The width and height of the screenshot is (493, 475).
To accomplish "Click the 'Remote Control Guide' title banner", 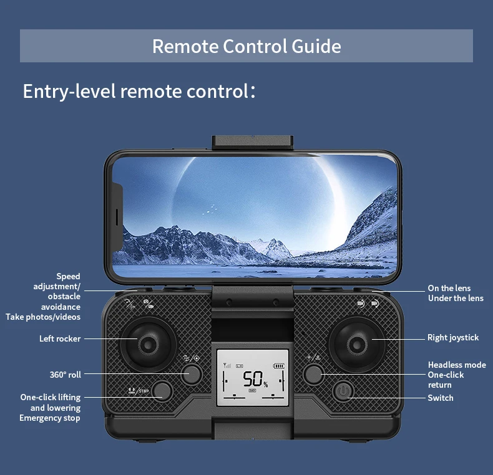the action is click(246, 46).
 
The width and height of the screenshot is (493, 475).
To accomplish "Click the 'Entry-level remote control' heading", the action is click(139, 91).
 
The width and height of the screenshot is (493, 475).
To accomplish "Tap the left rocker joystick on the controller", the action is click(147, 343).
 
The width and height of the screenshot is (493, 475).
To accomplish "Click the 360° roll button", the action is click(192, 374).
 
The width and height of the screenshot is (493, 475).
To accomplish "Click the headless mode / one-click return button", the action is click(314, 374).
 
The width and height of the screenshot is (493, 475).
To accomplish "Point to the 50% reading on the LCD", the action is click(254, 379).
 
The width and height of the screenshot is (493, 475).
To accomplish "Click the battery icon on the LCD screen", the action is click(278, 366).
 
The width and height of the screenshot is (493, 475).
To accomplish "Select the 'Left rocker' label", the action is click(60, 338).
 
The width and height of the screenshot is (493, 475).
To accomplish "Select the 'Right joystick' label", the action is click(453, 337).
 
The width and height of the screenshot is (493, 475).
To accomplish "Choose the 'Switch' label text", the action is click(441, 398).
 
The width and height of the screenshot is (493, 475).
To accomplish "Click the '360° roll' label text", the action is click(66, 375).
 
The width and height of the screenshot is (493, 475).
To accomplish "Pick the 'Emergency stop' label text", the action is click(50, 418).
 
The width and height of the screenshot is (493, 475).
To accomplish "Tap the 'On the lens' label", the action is click(449, 288).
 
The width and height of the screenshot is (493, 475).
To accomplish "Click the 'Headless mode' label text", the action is click(457, 365).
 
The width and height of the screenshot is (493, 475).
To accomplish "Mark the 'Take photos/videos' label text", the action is click(43, 317).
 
